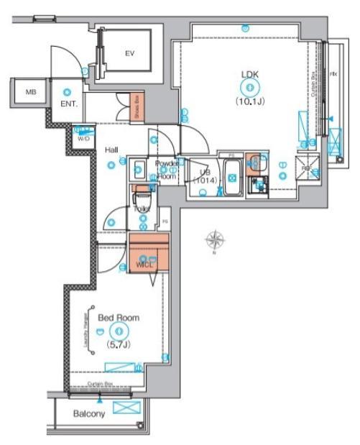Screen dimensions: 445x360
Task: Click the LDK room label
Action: point(249,73)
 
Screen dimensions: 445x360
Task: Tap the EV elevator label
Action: point(130,53)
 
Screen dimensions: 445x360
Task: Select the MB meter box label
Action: point(31,92)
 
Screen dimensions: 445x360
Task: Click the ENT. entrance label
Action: point(69,104)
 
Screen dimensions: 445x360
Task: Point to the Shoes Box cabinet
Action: point(137,107)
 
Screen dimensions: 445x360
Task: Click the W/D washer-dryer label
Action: point(83,137)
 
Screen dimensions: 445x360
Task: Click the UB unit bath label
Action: point(205,177)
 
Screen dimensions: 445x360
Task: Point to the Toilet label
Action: point(141,209)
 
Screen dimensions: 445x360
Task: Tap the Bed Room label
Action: point(119,317)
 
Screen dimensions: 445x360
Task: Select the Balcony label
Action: point(89,414)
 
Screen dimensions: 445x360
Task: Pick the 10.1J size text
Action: point(249,101)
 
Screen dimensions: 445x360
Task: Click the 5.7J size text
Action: point(119,344)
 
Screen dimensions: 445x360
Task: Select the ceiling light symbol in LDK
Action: point(249,88)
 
